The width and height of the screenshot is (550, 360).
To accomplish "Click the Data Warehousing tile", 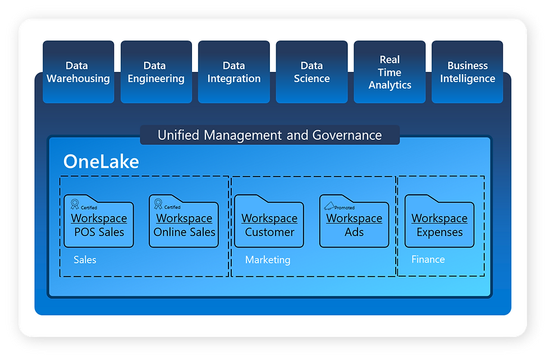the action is tap(78, 72).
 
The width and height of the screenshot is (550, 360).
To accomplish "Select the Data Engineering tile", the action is tap(156, 72).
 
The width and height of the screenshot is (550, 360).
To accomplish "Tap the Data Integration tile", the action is tap(234, 72).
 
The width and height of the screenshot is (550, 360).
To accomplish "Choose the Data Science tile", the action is tap(312, 72).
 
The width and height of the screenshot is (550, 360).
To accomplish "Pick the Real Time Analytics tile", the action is tap(389, 72).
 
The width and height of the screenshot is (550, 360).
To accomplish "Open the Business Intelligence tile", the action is tap(467, 72).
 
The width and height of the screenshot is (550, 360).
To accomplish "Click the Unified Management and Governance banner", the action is tap(270, 135).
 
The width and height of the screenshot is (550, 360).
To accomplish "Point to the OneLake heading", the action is tap(101, 162).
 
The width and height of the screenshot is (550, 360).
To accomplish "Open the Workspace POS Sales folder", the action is tap(99, 221).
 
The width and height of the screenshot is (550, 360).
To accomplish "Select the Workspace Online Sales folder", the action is tap(184, 221).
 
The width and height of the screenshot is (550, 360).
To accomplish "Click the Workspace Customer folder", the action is tap(269, 221).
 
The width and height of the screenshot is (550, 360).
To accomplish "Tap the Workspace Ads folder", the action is tap(354, 221).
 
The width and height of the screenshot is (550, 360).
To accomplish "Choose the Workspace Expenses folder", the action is tap(439, 221).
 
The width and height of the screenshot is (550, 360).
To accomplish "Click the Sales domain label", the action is tap(85, 259).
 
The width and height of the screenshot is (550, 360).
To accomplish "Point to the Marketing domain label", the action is tap(268, 260).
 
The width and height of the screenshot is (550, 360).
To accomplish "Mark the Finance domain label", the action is tap(428, 259).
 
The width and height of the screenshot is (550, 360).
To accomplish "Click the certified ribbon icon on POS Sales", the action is tap(75, 204).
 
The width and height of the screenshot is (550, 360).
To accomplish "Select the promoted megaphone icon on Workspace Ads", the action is tap(329, 206).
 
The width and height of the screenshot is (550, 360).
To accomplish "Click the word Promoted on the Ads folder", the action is tap(345, 208).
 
